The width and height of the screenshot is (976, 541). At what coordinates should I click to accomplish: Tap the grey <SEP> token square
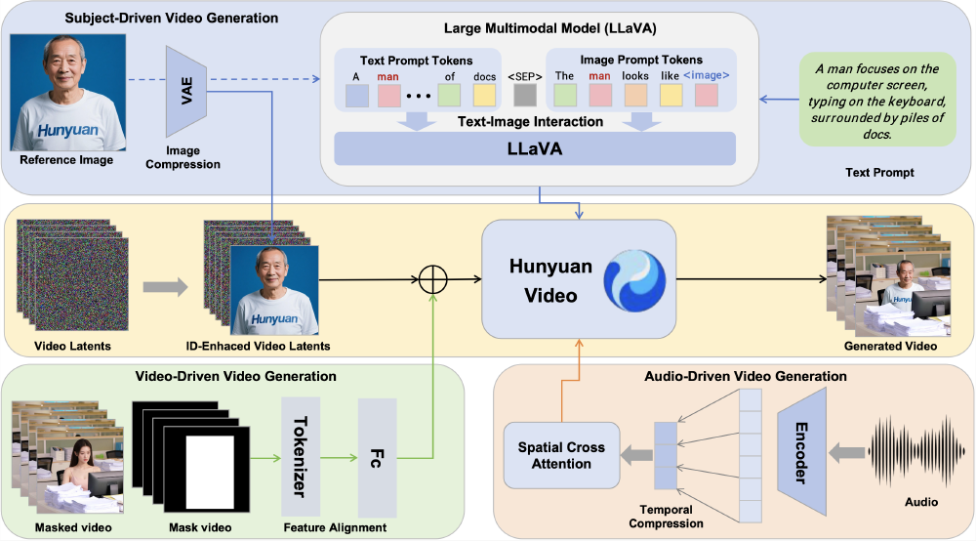524,95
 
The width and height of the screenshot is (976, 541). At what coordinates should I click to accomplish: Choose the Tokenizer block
301,456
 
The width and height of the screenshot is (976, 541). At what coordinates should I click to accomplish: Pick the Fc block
377,457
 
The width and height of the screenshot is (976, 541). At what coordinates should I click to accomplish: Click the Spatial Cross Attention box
561,455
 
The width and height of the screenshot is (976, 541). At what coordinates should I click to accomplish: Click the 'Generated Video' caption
891,346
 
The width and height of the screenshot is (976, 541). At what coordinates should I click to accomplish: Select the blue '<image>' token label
707,74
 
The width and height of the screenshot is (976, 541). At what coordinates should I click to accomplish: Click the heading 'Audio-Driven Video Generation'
746,375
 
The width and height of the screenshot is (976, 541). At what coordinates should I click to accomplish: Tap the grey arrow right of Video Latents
166,287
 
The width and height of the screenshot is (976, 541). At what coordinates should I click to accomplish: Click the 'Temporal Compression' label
666,517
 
